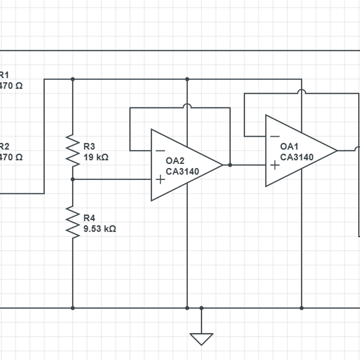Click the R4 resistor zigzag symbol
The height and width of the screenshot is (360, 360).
(x=73, y=223)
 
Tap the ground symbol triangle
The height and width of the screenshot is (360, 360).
(x=202, y=338)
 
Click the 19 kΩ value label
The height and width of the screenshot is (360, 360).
(x=96, y=157)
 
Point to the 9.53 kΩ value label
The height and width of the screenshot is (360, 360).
(x=100, y=229)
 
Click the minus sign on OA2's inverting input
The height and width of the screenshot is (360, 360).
(x=160, y=151)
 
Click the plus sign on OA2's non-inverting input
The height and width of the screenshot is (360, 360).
(x=160, y=179)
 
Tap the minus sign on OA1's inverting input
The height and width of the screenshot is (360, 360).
(x=275, y=137)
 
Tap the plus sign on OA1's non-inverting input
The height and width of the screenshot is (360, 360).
(x=275, y=164)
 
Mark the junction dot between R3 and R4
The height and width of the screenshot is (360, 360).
(x=73, y=179)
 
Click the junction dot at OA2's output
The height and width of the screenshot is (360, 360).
(x=230, y=164)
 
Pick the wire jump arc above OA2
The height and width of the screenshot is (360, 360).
(x=187, y=107)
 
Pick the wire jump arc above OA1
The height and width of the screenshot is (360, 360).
(x=302, y=93)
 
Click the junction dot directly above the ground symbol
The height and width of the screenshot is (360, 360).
(x=202, y=308)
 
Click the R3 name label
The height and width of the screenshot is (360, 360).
(x=89, y=146)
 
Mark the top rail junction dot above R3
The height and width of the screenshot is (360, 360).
(x=73, y=79)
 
